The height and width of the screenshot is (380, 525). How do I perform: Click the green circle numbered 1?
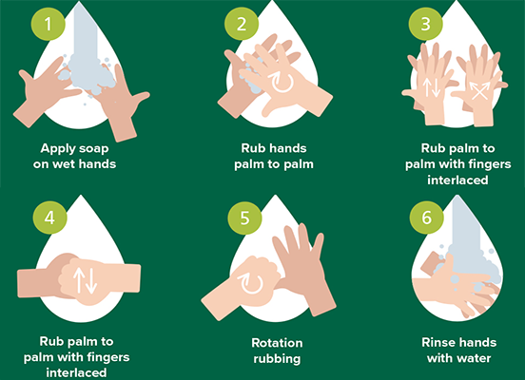pyautogui.click(x=49, y=24)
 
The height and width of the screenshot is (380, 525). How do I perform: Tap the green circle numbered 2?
pyautogui.click(x=242, y=24)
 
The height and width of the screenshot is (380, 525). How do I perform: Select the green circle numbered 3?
pyautogui.click(x=425, y=24)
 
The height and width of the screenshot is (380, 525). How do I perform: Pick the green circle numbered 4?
pyautogui.click(x=49, y=218)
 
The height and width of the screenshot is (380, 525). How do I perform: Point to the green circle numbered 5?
pyautogui.click(x=244, y=218)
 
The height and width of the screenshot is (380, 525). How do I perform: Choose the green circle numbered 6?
pyautogui.click(x=426, y=218)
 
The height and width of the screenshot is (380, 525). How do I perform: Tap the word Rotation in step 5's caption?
pyautogui.click(x=277, y=343)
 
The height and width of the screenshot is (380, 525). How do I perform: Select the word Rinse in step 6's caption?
pyautogui.click(x=437, y=343)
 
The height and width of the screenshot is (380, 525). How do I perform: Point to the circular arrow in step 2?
pyautogui.click(x=282, y=82)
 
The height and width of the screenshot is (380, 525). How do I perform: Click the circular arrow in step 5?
pyautogui.click(x=250, y=284)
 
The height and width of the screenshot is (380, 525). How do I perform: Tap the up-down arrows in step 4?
pyautogui.click(x=85, y=280)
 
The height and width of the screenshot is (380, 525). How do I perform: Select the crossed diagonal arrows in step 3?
pyautogui.click(x=479, y=90)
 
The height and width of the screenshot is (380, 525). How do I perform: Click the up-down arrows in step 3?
pyautogui.click(x=431, y=87)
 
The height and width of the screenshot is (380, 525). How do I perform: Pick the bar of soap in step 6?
pyautogui.click(x=432, y=264)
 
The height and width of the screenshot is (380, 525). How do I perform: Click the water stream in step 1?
pyautogui.click(x=86, y=44)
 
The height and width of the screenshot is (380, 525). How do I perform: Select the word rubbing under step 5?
pyautogui.click(x=277, y=359)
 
